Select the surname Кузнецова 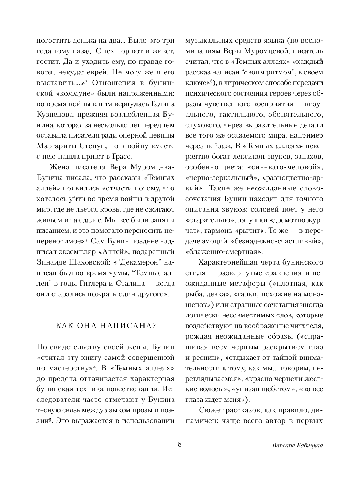coord(56,114)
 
